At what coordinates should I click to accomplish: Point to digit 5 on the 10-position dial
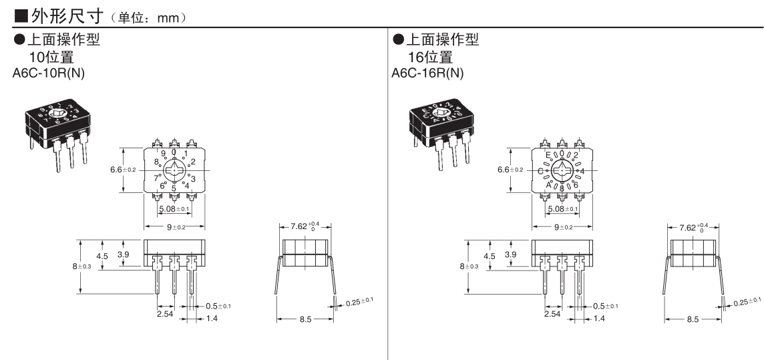174,189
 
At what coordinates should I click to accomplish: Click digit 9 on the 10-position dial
164,153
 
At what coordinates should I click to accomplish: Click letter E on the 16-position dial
548,155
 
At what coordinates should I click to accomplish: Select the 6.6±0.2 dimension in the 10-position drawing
123,170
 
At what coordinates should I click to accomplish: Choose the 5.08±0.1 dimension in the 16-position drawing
562,209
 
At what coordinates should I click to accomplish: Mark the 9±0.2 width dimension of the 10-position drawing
174,227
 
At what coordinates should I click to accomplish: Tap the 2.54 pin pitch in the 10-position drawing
165,313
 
